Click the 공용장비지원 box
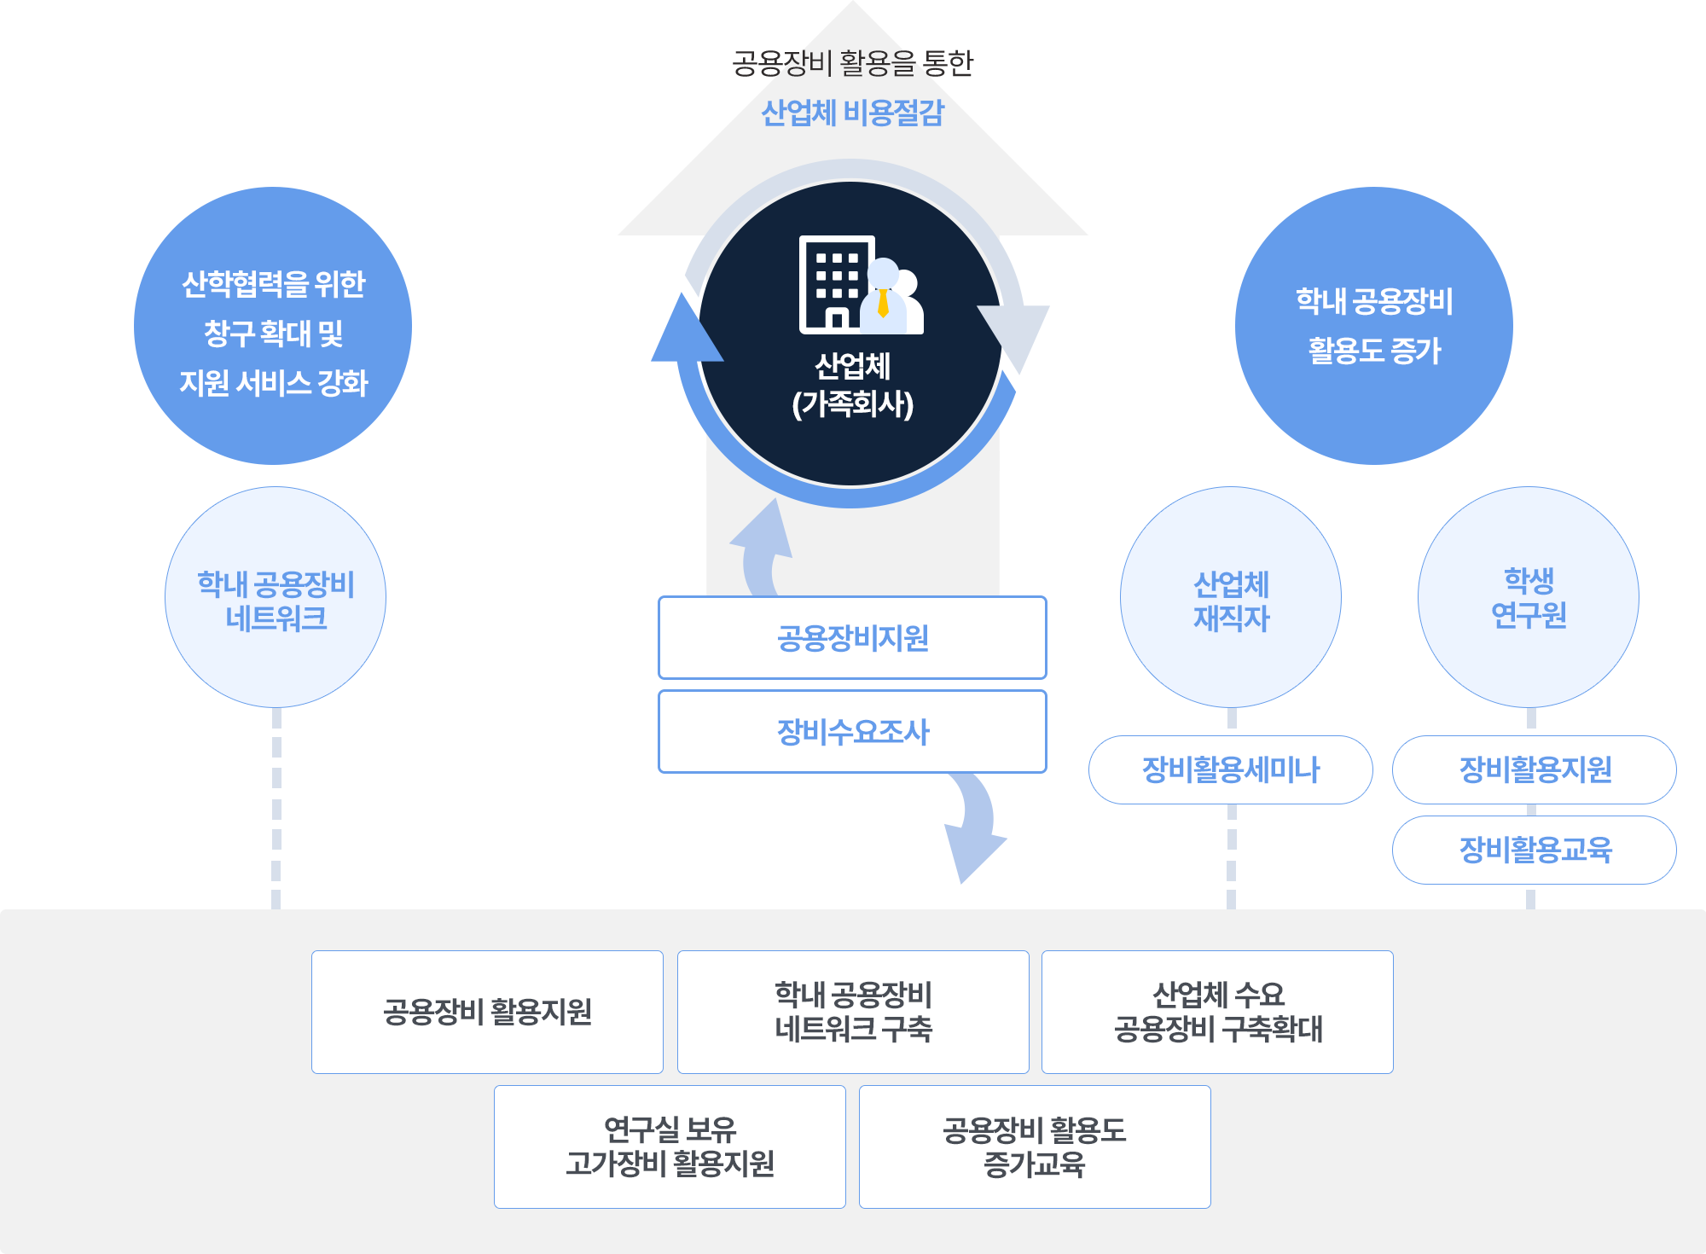852,638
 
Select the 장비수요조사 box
852,732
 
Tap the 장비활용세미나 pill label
1230,769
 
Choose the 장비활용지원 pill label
1535,769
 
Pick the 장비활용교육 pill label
1535,850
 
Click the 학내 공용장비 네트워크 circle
275,597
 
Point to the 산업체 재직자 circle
1230,597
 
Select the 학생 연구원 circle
1529,597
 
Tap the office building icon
835,283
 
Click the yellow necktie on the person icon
883,302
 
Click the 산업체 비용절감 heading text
852,113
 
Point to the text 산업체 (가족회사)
852,385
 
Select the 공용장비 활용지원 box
487,1012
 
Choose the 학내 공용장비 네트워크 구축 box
853,1012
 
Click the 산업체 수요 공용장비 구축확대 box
1217,1012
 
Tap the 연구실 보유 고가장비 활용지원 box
670,1147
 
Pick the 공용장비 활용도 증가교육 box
1035,1147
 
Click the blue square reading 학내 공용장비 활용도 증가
1373,325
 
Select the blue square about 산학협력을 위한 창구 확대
272,325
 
